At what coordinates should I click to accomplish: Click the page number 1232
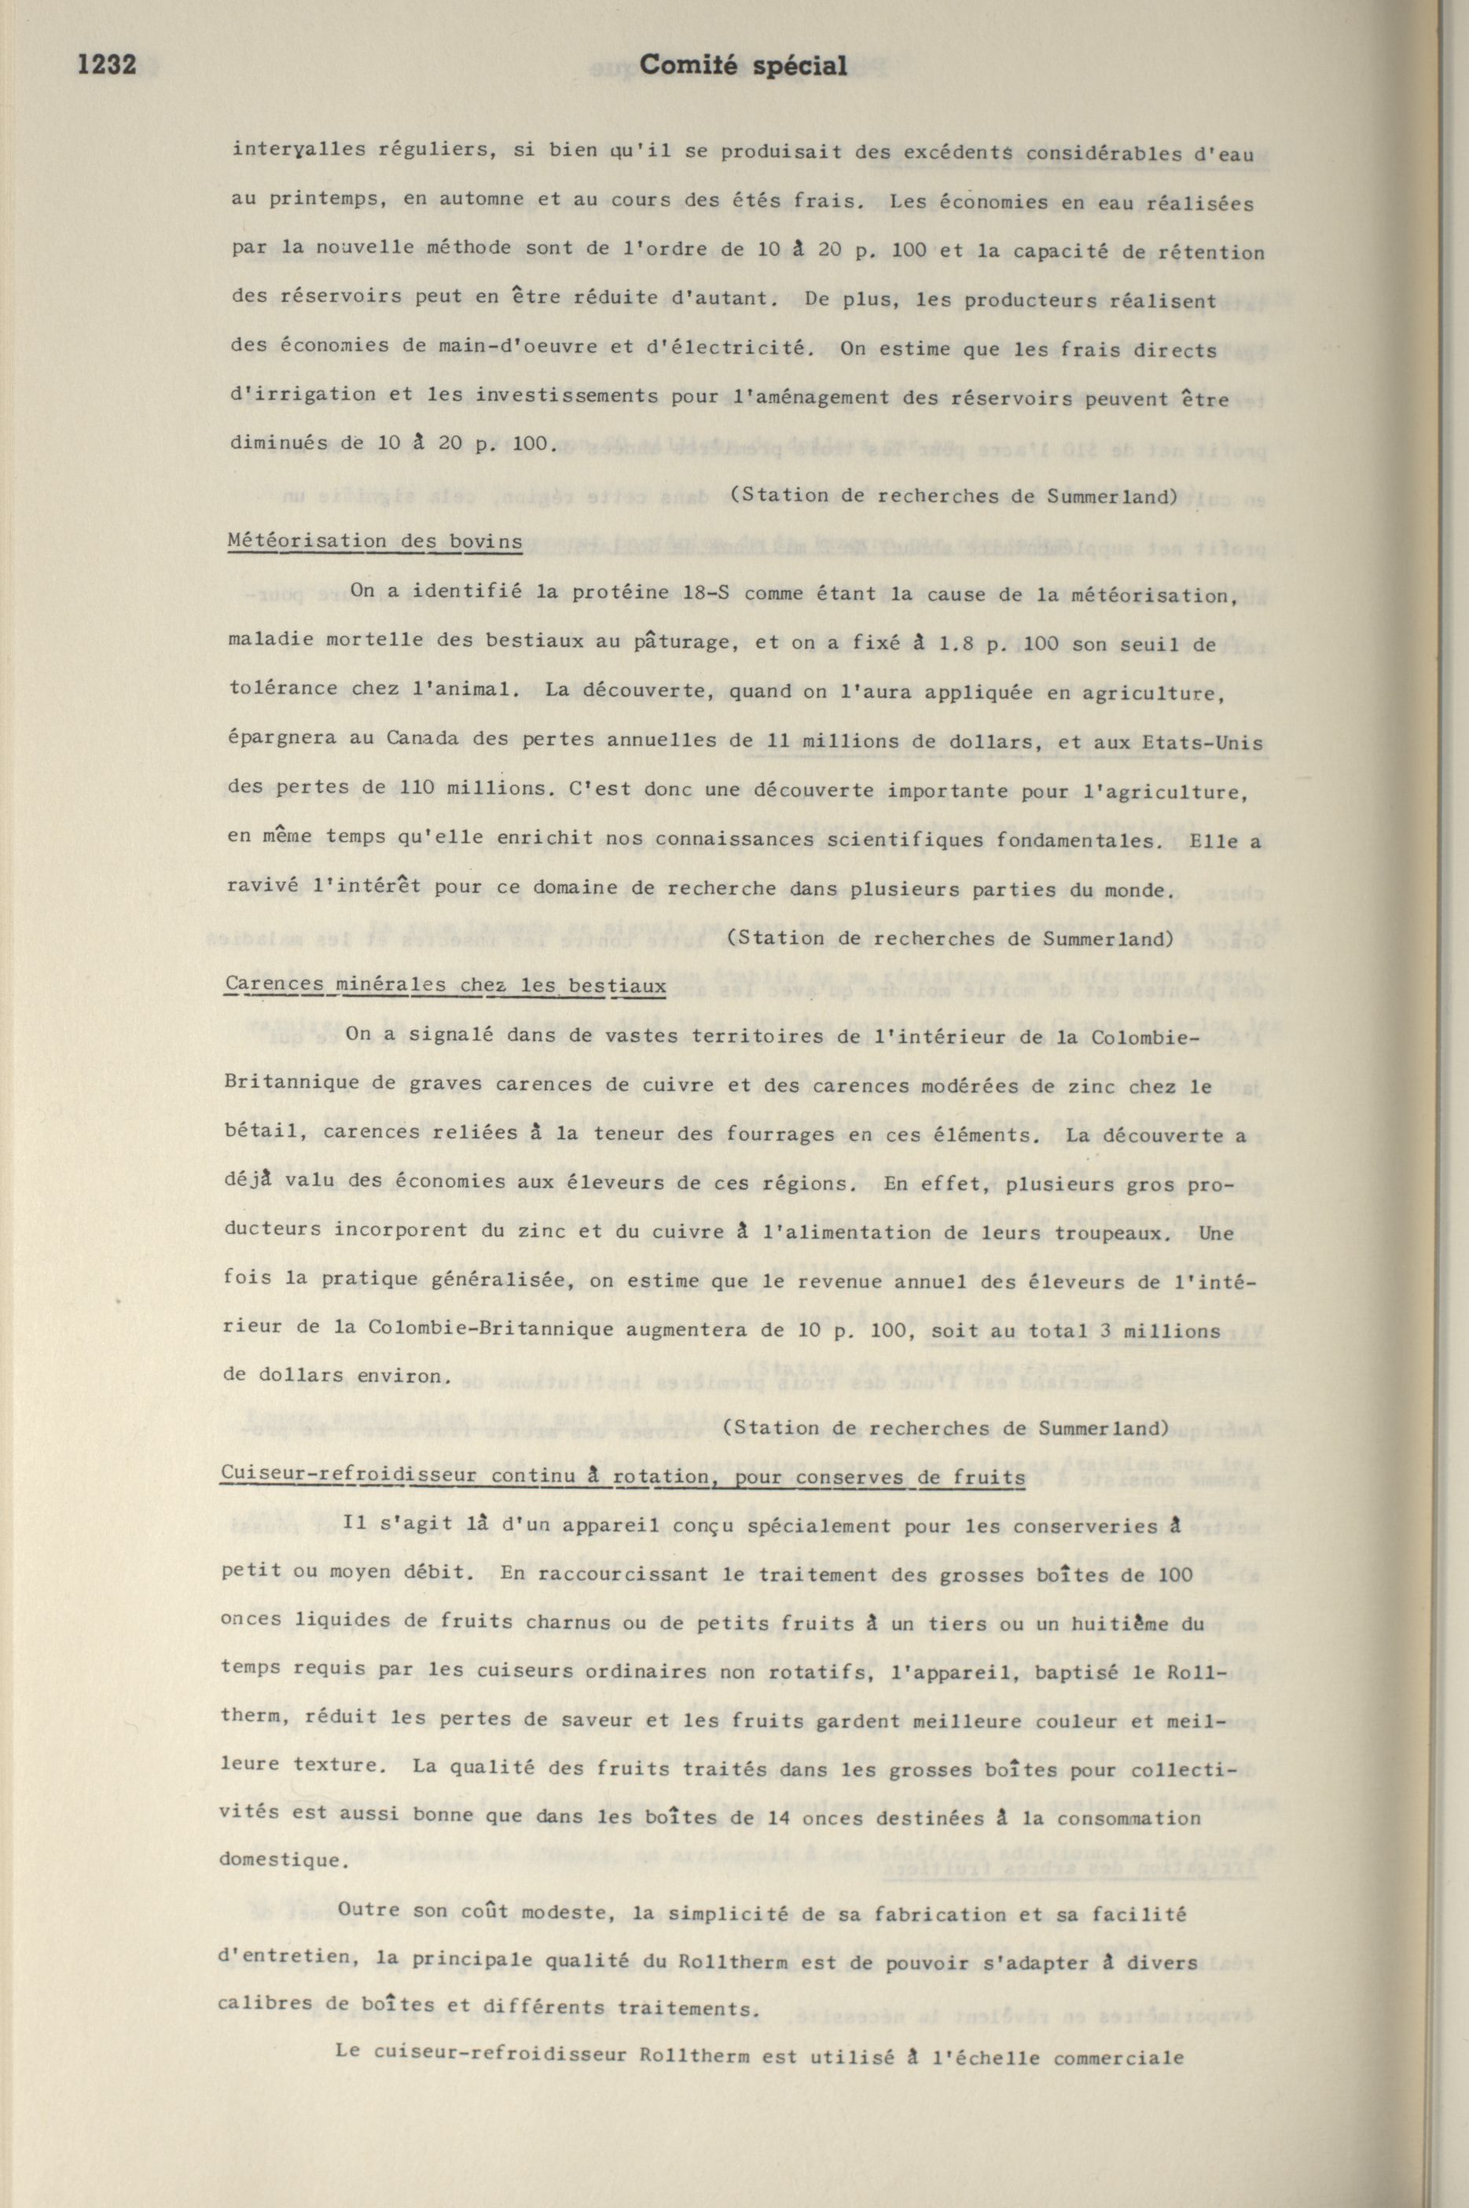pyautogui.click(x=107, y=64)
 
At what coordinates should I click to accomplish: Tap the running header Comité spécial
pyautogui.click(x=743, y=65)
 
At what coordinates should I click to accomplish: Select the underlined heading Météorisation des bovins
pyautogui.click(x=375, y=542)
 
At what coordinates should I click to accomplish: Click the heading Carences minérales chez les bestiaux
pyautogui.click(x=445, y=986)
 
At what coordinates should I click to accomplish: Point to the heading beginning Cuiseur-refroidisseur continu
pyautogui.click(x=622, y=1477)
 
